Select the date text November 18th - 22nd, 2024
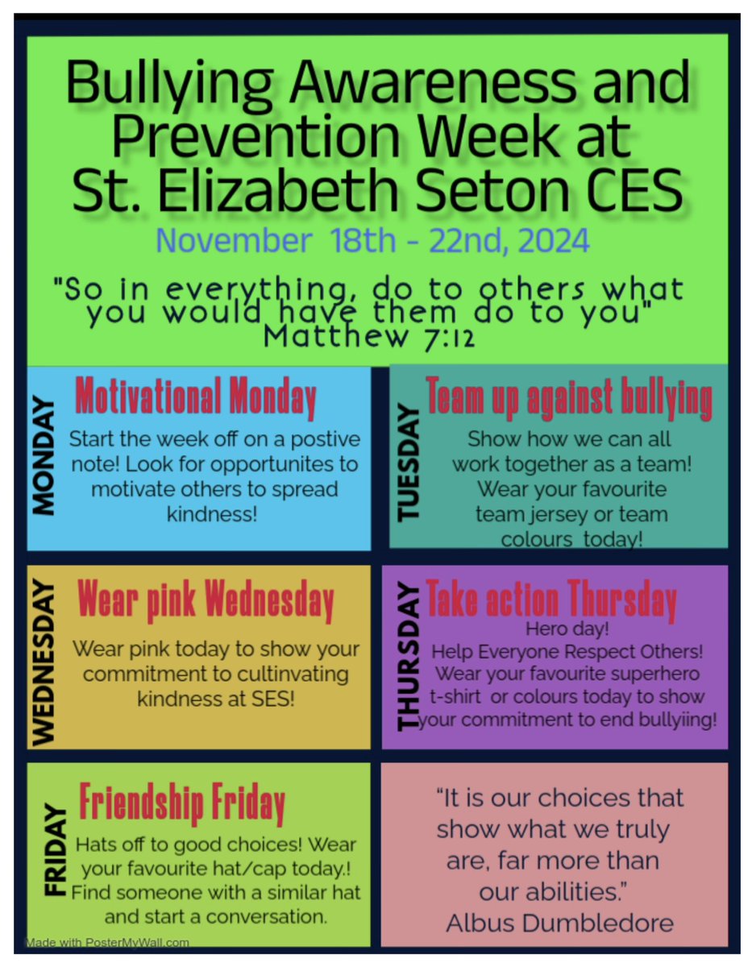(x=372, y=240)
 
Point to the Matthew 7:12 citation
(x=368, y=334)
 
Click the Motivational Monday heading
(x=196, y=397)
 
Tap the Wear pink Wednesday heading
(x=206, y=600)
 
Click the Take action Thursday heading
(x=551, y=600)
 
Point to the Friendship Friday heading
(x=182, y=802)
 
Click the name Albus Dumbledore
(x=559, y=922)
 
